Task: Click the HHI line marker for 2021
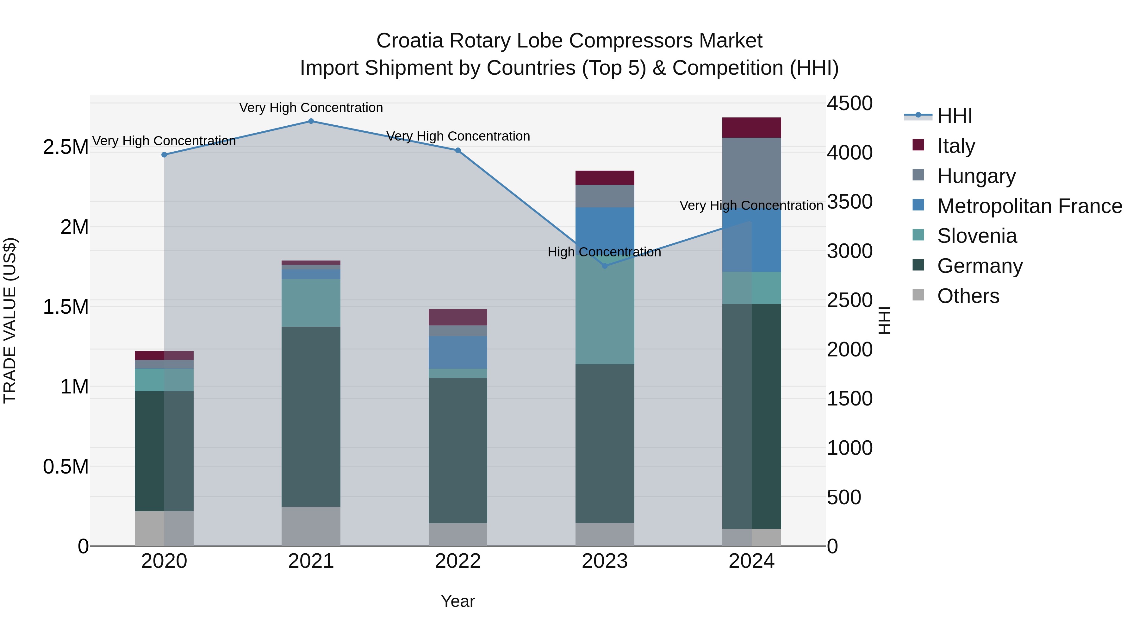tap(311, 121)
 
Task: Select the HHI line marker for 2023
tap(605, 266)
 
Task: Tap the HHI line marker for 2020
tap(164, 155)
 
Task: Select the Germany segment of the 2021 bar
tap(311, 416)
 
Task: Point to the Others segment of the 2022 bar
tap(457, 534)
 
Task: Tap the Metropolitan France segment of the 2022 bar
tap(457, 352)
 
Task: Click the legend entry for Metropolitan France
tap(1029, 206)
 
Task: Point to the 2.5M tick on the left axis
tap(65, 147)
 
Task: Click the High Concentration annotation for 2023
tap(604, 252)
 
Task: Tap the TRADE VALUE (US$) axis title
tap(10, 320)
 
